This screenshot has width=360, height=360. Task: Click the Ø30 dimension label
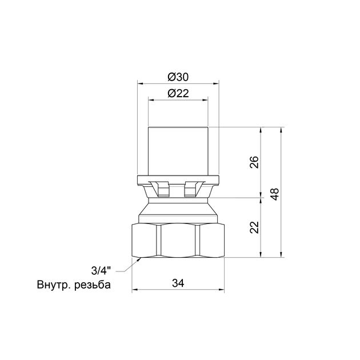178,77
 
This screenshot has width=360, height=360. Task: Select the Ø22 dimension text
178,93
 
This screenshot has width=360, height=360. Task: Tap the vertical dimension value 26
254,162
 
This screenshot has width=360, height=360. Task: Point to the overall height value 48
275,194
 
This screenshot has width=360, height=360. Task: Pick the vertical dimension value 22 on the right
254,227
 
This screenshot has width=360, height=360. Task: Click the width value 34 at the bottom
178,283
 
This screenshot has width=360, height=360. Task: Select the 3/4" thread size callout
101,271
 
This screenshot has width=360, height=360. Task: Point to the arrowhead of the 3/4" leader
139,259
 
